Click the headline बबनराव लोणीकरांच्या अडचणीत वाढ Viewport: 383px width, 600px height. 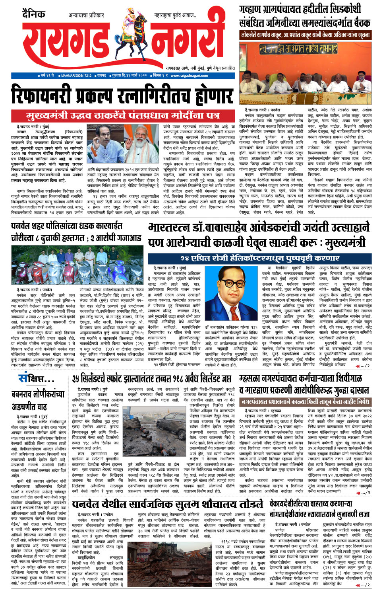38,400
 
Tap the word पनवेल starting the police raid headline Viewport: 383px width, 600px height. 23,226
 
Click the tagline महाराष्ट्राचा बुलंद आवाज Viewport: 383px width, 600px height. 175,15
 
